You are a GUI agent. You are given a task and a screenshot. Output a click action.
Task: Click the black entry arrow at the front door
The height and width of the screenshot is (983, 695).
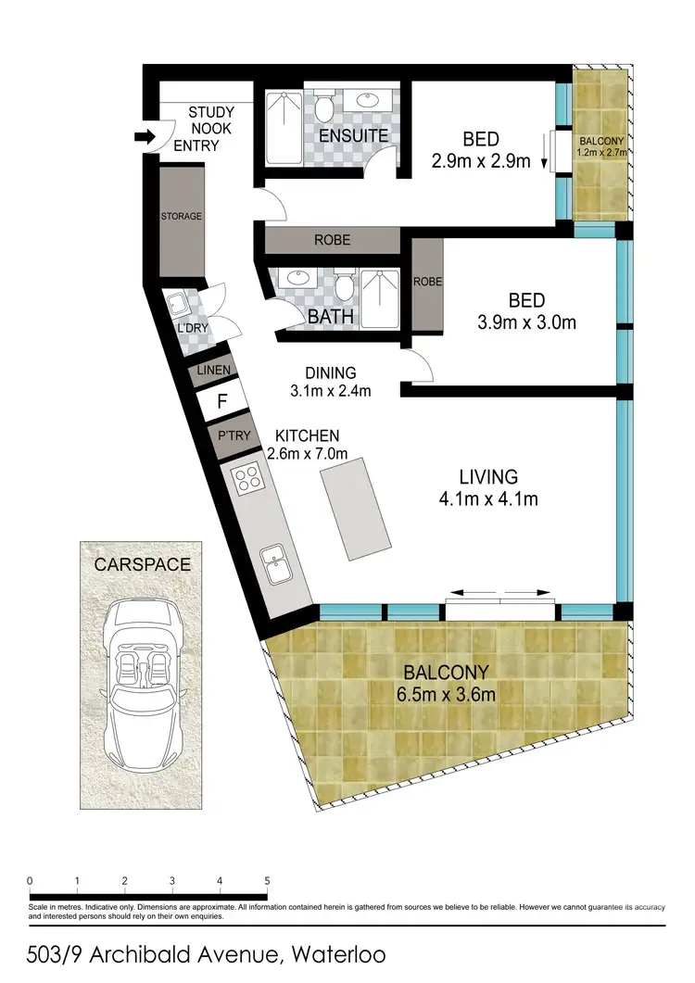click(145, 137)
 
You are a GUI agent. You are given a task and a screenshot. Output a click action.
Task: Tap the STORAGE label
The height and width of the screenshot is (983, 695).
click(181, 217)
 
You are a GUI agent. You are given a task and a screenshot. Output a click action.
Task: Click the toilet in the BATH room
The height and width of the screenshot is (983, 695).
click(345, 287)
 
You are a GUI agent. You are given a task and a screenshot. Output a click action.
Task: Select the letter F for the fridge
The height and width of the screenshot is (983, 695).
click(221, 402)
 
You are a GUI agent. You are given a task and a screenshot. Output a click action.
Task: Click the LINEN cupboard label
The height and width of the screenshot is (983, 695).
click(213, 371)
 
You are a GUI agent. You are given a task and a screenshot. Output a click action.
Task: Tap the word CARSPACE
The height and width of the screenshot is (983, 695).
click(143, 563)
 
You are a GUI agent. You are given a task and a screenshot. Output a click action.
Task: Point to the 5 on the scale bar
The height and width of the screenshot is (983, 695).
click(267, 880)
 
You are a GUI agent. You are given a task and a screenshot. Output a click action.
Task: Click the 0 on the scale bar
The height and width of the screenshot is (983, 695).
click(31, 880)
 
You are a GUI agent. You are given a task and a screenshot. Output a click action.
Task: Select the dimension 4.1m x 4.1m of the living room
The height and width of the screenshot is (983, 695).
click(487, 499)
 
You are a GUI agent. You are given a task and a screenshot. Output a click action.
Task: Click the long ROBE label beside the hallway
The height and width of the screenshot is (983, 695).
click(332, 240)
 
